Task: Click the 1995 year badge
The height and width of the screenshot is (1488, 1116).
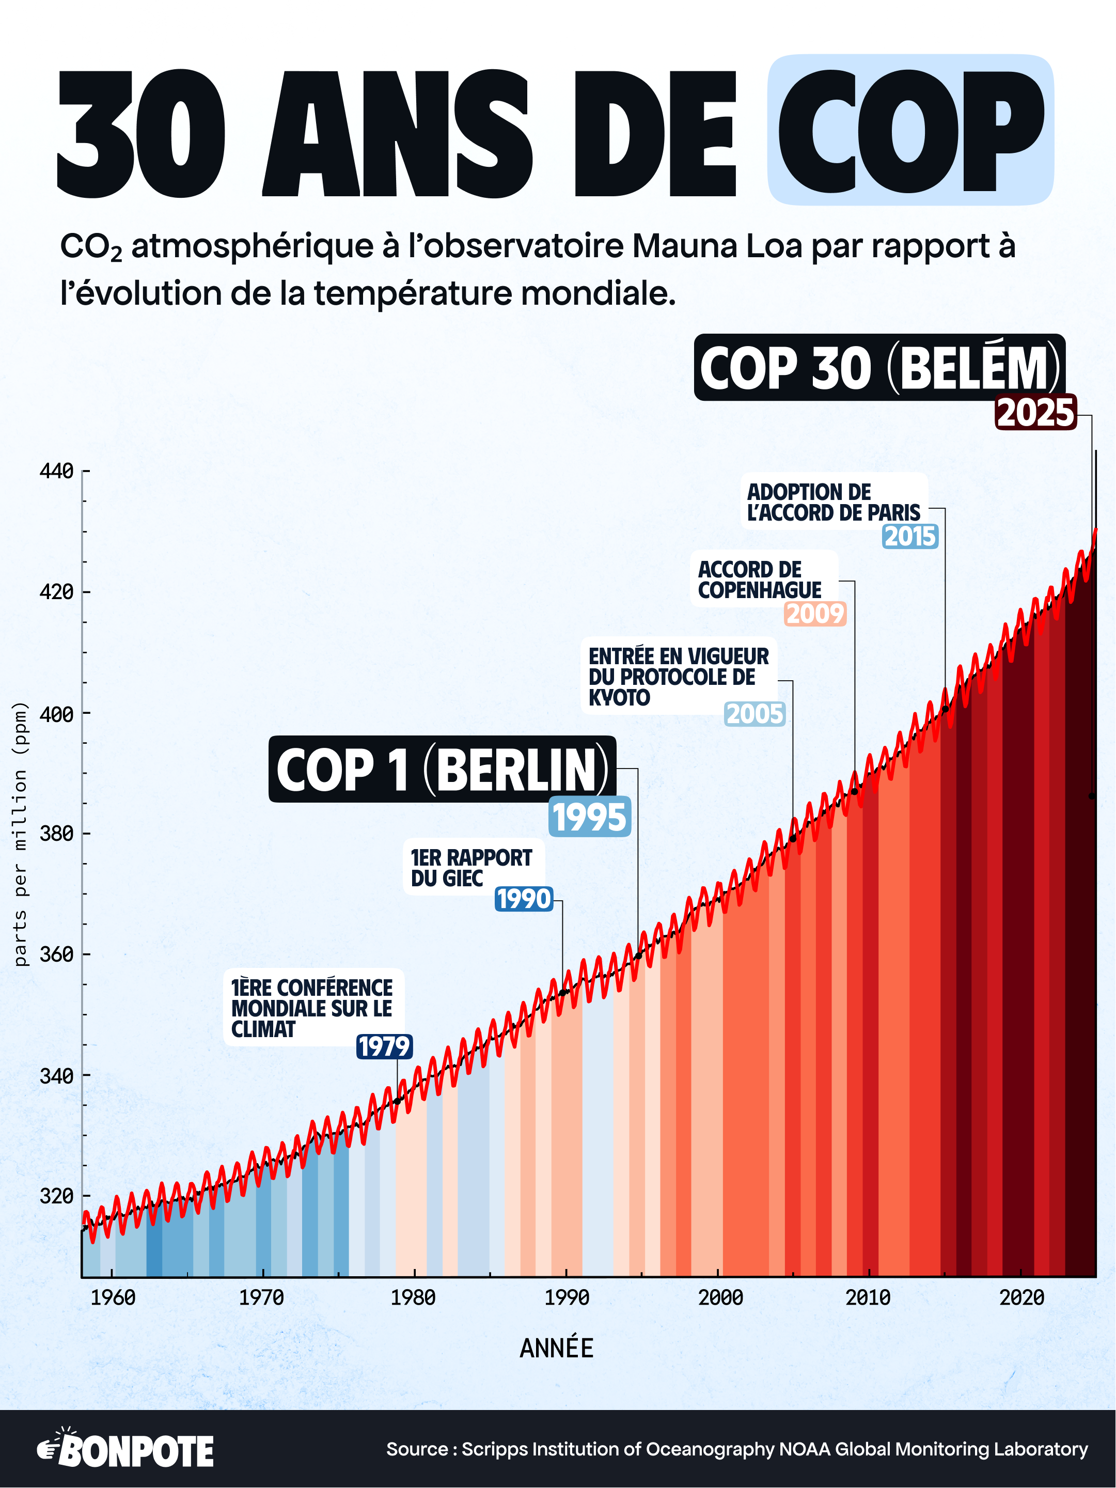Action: pos(589,817)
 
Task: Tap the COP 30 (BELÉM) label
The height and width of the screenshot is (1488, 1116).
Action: pos(879,368)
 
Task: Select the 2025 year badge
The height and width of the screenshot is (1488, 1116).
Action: pos(1035,412)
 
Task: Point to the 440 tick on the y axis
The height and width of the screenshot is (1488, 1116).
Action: pos(56,471)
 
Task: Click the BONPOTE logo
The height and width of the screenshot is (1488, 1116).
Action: pos(126,1450)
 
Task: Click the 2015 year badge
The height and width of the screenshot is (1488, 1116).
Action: pos(910,536)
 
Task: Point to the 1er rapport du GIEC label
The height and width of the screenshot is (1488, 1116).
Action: pos(471,868)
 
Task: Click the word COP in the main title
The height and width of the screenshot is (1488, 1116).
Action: pos(909,131)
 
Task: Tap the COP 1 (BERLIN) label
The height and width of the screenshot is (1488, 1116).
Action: pos(442,769)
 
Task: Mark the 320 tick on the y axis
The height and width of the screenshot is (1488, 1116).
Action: pos(56,1196)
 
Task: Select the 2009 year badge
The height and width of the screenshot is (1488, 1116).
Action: pos(814,614)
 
